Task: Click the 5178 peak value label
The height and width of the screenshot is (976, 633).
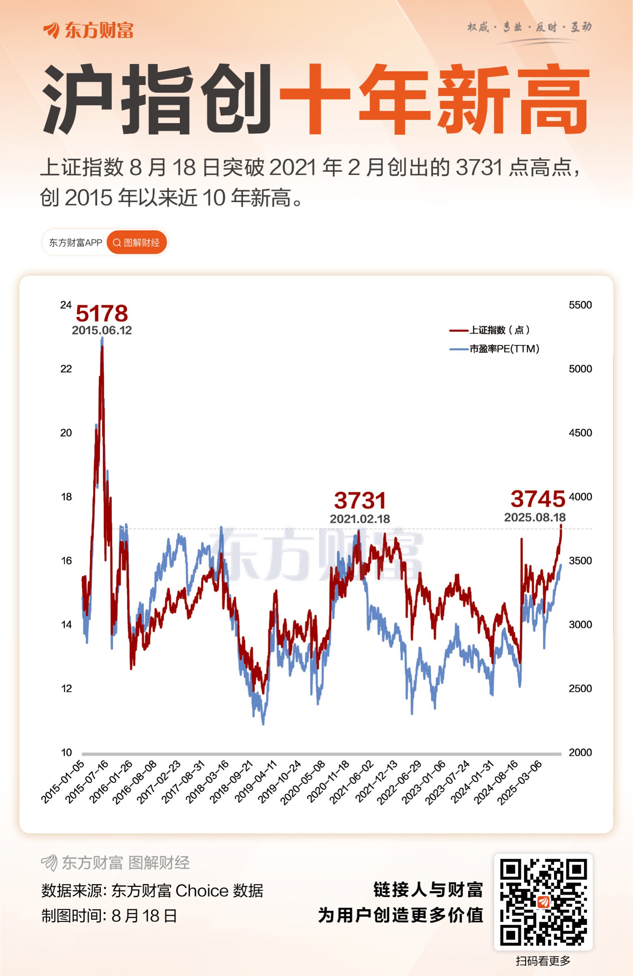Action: coord(102,314)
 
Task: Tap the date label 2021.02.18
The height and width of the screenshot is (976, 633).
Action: coord(360,519)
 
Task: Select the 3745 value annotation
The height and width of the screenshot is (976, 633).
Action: coord(537,499)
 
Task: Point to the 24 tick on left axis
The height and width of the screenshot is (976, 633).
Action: coord(66,305)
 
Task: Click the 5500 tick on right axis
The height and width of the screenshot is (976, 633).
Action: coord(580,305)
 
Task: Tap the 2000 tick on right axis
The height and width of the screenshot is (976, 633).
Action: coord(580,752)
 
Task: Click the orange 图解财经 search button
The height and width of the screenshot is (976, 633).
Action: coord(137,243)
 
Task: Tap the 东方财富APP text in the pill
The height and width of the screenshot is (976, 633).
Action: coord(75,243)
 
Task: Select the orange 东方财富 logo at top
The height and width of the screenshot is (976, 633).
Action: coord(88,30)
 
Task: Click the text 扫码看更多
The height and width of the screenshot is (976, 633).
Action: coord(543,961)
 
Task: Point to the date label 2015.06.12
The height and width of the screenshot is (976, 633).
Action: coord(102,331)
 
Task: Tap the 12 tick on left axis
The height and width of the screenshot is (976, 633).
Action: coord(66,688)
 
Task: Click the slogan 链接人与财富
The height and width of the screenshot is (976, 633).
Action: coord(428,889)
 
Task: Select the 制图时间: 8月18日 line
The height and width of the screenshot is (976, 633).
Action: coord(109,916)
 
